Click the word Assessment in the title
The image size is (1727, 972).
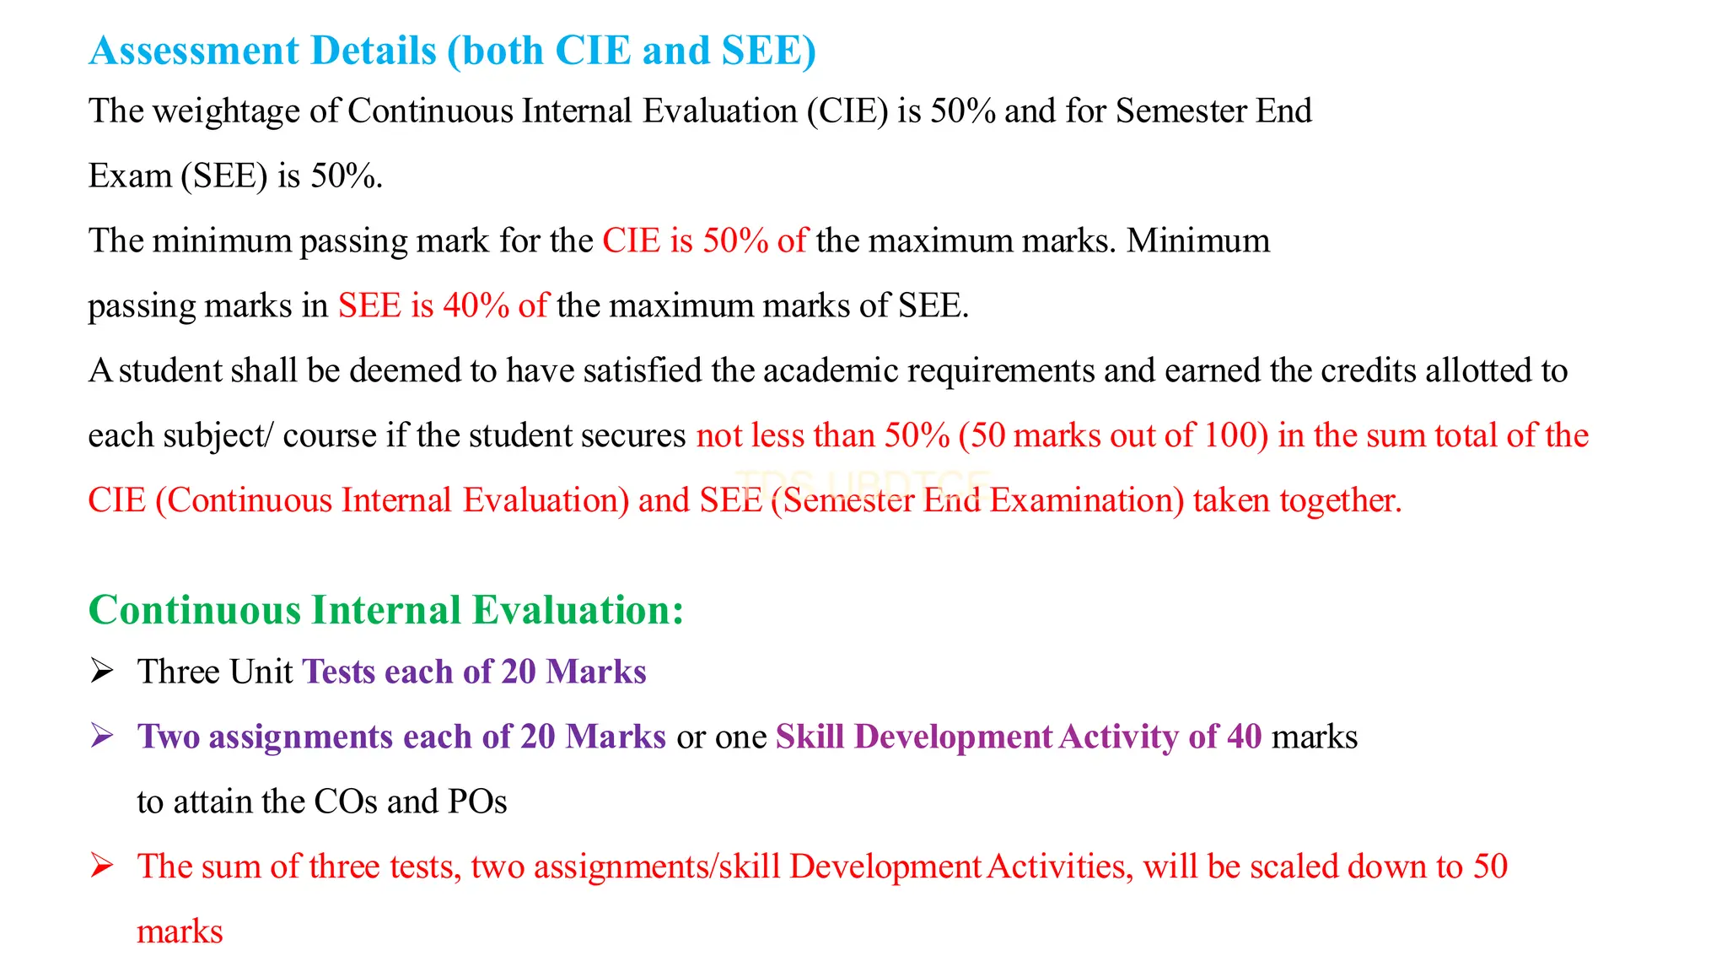click(x=194, y=51)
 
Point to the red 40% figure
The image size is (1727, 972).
click(x=476, y=305)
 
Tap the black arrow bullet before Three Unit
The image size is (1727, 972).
click(x=102, y=672)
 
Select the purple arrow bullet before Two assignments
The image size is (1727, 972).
click(x=102, y=737)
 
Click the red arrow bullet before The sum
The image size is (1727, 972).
click(x=102, y=867)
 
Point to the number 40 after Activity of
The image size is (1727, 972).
click(x=1244, y=737)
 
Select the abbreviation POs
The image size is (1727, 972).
click(x=477, y=802)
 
